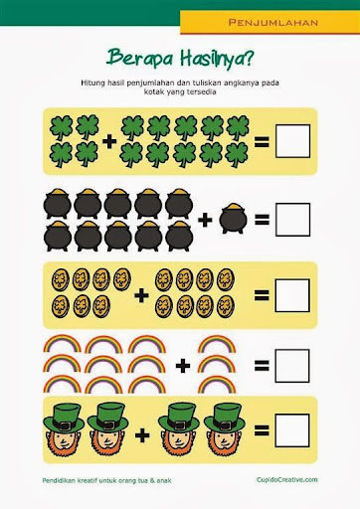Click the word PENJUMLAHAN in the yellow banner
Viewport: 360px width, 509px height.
(x=273, y=23)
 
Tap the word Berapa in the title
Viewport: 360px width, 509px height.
(x=140, y=58)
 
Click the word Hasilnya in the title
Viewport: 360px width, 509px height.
(x=217, y=59)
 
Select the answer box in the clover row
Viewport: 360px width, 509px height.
(x=292, y=141)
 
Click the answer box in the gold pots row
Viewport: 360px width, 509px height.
(x=292, y=220)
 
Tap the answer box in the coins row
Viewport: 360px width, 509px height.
(x=292, y=295)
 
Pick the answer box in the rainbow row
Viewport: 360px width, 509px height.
(x=292, y=366)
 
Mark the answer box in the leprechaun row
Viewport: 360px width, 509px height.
(x=292, y=430)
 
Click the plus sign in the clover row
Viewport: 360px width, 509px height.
(x=109, y=142)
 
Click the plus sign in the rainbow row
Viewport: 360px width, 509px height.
(x=183, y=366)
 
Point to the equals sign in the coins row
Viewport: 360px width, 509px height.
(x=262, y=295)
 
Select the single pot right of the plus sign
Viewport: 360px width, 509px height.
(x=233, y=218)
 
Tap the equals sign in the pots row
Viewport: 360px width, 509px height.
(x=262, y=220)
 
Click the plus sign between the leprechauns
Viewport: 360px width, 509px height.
(x=142, y=435)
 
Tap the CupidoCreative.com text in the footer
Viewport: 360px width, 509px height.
(x=286, y=479)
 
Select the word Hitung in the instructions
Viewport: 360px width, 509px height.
(x=92, y=83)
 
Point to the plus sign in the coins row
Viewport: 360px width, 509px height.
(x=141, y=295)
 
